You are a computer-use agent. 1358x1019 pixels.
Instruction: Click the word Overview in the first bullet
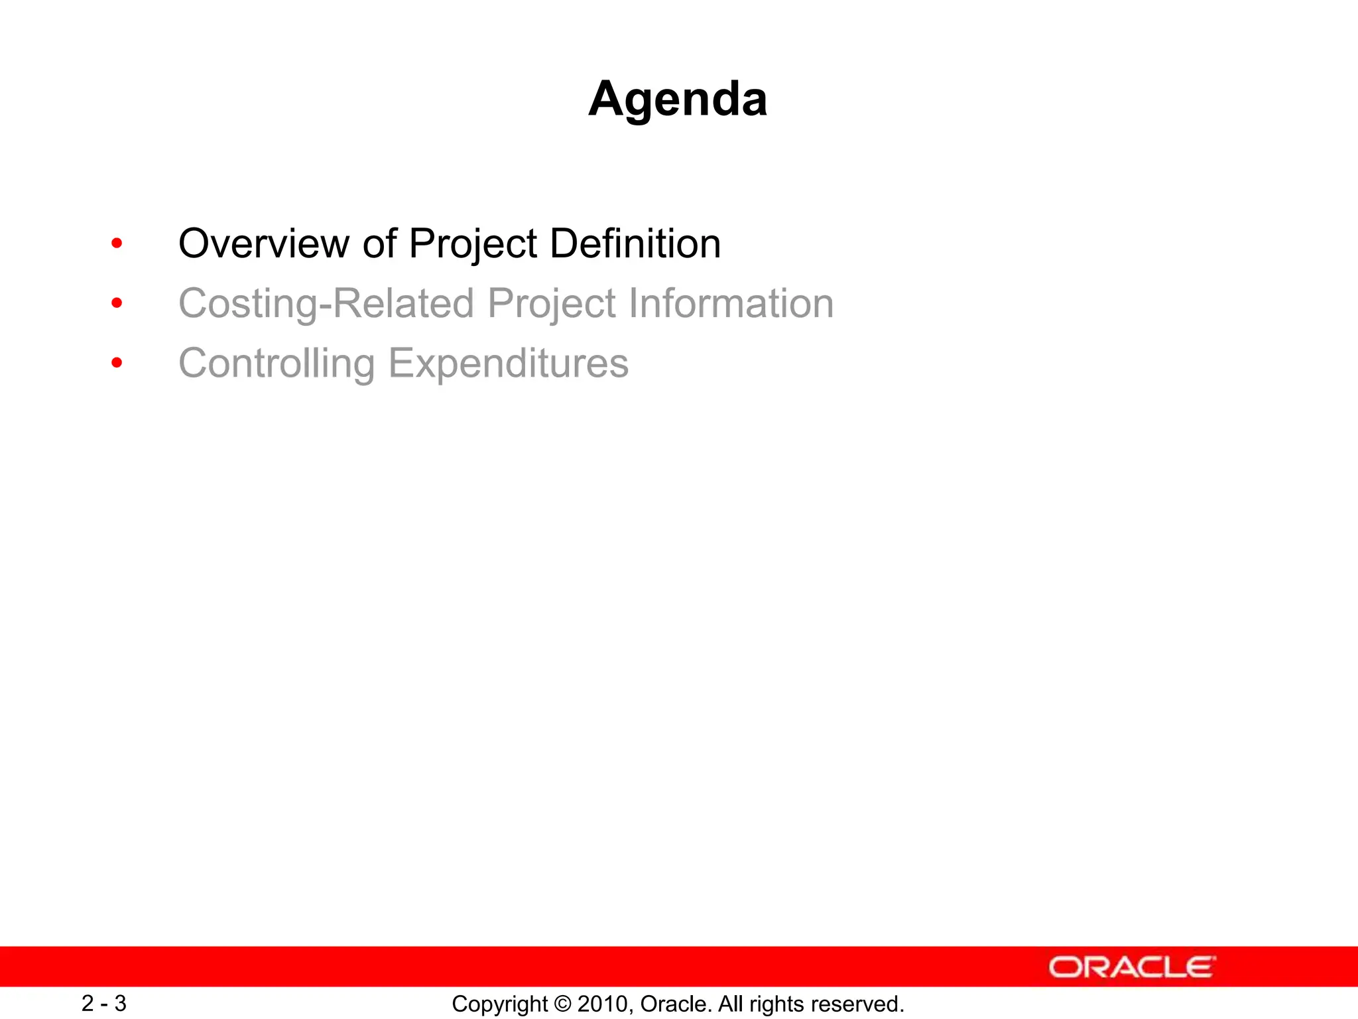(263, 243)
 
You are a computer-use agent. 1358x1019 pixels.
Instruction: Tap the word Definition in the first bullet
(635, 243)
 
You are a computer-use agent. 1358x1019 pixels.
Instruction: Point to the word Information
(731, 303)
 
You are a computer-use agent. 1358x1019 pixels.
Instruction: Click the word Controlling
(277, 364)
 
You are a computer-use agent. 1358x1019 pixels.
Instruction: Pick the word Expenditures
(508, 364)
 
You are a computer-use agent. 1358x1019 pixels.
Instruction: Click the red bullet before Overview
(117, 243)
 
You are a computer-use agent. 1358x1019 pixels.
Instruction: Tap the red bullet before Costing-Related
(117, 304)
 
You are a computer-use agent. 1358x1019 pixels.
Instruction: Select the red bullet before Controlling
(117, 363)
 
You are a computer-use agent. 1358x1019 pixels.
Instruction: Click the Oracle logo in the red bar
(1132, 967)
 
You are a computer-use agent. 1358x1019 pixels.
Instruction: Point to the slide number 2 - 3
(104, 1003)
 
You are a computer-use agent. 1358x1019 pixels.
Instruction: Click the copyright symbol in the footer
(563, 1004)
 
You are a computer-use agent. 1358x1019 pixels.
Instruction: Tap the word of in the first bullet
(379, 243)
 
